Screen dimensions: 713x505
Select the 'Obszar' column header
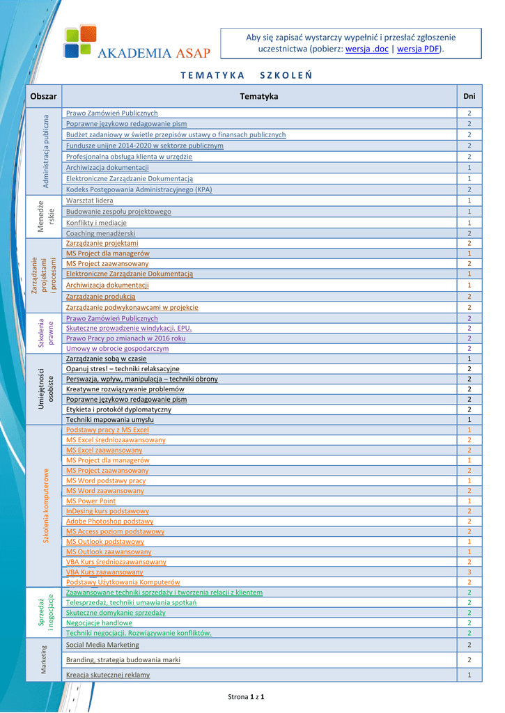click(x=43, y=96)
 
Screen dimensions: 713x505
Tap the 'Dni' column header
click(x=469, y=96)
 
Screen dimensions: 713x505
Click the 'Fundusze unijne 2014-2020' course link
click(x=145, y=146)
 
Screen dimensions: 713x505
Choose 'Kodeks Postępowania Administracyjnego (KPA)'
click(x=139, y=189)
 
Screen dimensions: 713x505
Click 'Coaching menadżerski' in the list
click(x=100, y=233)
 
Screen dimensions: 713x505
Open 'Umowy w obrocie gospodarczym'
click(x=117, y=348)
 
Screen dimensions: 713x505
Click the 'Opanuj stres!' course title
click(x=123, y=368)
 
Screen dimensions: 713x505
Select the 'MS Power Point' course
click(x=91, y=501)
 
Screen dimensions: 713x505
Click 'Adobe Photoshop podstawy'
click(x=109, y=521)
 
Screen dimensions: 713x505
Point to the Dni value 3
click(x=469, y=572)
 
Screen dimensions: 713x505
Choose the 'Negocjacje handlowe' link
click(x=99, y=622)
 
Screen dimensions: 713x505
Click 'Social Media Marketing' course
click(x=102, y=645)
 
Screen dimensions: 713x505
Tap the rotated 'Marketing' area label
click(x=43, y=659)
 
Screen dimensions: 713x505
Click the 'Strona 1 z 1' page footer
click(x=247, y=696)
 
